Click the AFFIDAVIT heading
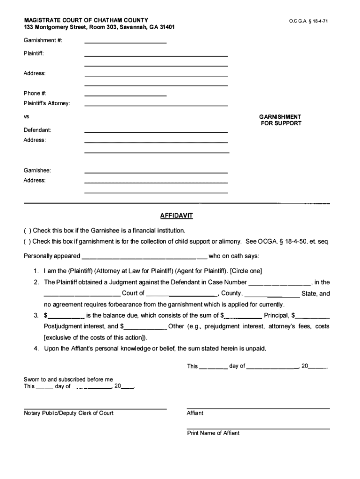tap(176, 216)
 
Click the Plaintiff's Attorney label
tap(47, 103)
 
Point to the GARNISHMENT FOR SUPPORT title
tap(281, 120)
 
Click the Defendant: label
tap(37, 130)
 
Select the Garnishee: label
tap(37, 171)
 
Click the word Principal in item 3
tap(276, 316)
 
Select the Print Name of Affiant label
tap(213, 433)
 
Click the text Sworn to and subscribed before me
tap(68, 379)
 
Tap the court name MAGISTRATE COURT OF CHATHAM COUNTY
tap(86, 20)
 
